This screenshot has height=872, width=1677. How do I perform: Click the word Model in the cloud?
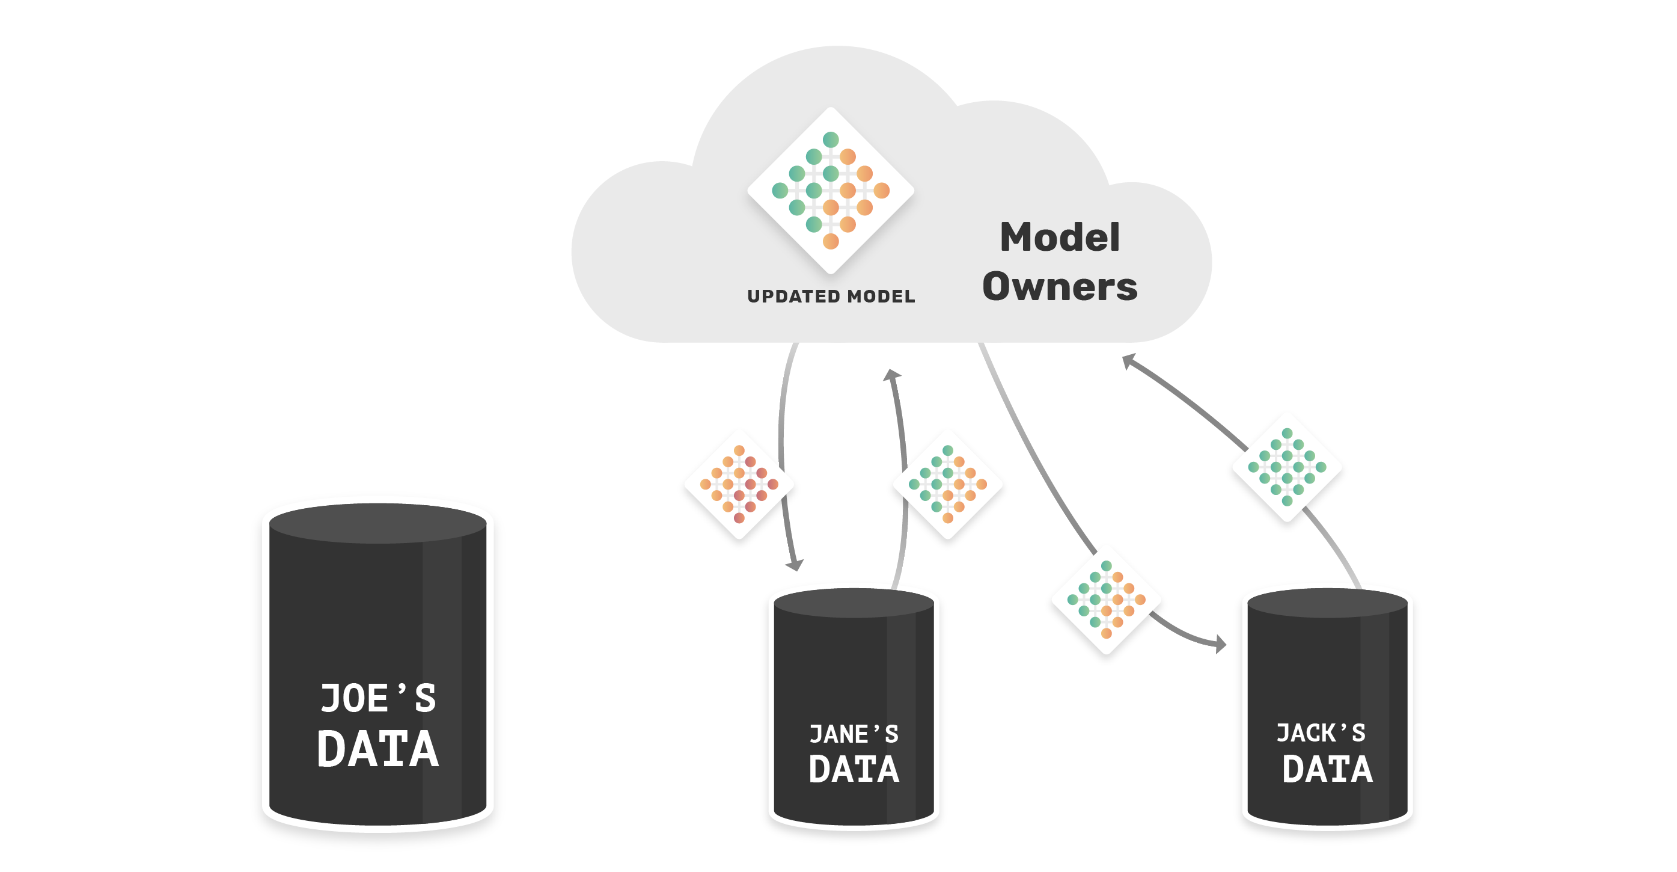tap(1060, 237)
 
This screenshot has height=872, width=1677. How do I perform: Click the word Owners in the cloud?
tap(1060, 286)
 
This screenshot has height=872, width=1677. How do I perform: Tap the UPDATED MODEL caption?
tap(831, 296)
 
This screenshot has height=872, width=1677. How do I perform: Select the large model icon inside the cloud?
tap(831, 190)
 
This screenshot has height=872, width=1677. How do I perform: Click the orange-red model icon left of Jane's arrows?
tap(739, 484)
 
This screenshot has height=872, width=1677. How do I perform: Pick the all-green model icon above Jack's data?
tap(1287, 467)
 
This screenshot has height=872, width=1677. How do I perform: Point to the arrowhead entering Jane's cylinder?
tap(795, 565)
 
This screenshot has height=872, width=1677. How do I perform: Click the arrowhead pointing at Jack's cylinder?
tap(1220, 644)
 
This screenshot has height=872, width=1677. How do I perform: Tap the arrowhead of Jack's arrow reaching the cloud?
tap(1129, 361)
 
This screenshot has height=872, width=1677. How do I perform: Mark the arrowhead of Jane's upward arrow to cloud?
tap(891, 375)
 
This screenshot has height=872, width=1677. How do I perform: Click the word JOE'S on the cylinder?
tap(377, 699)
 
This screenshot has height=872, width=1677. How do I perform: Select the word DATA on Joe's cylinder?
tap(377, 749)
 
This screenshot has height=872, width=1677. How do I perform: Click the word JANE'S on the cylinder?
tap(854, 734)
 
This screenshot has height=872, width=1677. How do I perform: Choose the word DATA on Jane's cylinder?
tap(854, 769)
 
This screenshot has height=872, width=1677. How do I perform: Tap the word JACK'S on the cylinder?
tap(1321, 732)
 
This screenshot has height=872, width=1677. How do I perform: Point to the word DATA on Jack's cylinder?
tap(1327, 769)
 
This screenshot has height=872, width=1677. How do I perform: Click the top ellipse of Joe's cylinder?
tap(377, 524)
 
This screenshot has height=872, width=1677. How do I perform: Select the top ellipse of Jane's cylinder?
tap(854, 603)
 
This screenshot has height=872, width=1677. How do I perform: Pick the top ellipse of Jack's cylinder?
tap(1327, 603)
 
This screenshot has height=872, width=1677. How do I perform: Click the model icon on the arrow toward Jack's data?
tap(1106, 599)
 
